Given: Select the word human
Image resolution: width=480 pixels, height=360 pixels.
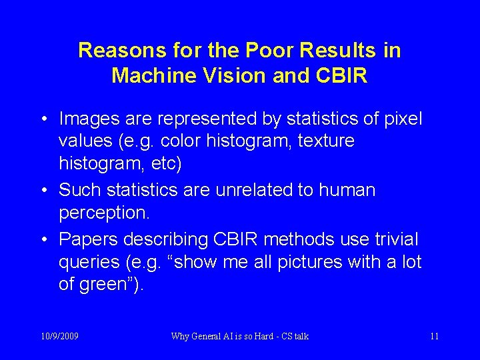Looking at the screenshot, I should [x=347, y=190].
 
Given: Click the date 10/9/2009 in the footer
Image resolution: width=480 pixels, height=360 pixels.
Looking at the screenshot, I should [x=59, y=336].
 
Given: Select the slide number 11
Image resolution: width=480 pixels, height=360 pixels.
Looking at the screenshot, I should [x=434, y=336].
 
